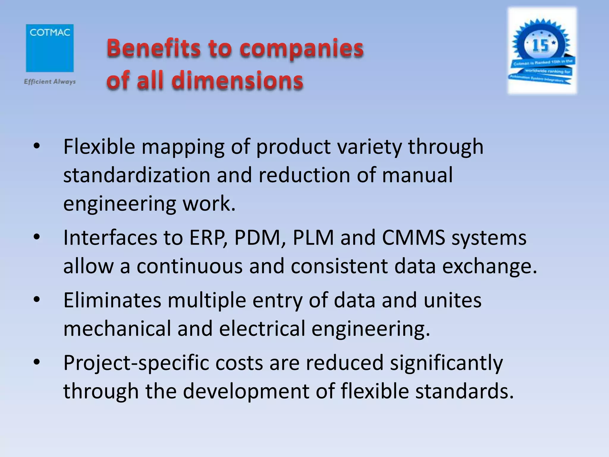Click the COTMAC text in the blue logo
click(x=50, y=32)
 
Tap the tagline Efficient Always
click(x=50, y=82)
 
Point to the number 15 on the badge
click(x=540, y=46)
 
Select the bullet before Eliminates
click(x=37, y=300)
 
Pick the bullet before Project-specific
click(x=37, y=362)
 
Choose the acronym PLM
click(x=313, y=238)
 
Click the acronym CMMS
click(x=413, y=238)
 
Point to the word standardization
click(x=137, y=175)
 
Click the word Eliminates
click(x=112, y=300)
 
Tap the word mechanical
click(x=117, y=328)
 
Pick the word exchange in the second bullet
click(x=489, y=266)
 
